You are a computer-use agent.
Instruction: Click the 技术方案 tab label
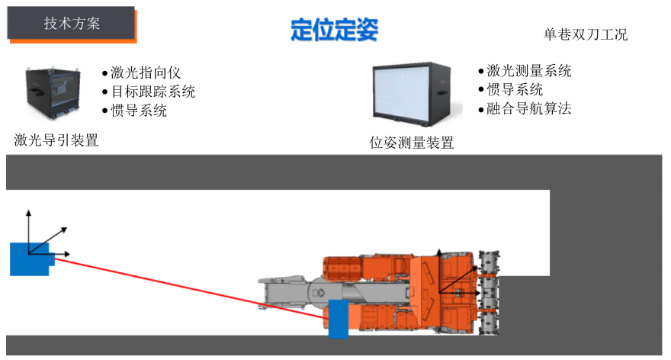click(x=72, y=23)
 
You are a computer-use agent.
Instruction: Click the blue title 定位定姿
click(x=334, y=30)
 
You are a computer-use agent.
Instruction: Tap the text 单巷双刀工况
click(x=585, y=34)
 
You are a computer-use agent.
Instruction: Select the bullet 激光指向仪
click(x=145, y=72)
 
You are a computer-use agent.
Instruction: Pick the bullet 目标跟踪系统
click(x=152, y=92)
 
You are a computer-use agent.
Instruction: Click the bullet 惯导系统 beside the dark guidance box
click(x=138, y=111)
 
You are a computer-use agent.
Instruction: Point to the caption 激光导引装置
click(x=56, y=140)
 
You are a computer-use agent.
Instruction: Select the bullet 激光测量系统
click(x=529, y=71)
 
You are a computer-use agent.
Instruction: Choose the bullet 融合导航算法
click(x=529, y=108)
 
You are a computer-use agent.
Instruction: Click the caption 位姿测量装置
click(x=411, y=143)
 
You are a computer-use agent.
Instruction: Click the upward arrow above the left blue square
click(x=28, y=221)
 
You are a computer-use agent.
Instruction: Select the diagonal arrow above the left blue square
click(x=53, y=235)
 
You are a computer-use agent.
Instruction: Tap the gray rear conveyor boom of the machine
click(x=290, y=294)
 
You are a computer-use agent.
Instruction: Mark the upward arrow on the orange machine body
click(x=438, y=263)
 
